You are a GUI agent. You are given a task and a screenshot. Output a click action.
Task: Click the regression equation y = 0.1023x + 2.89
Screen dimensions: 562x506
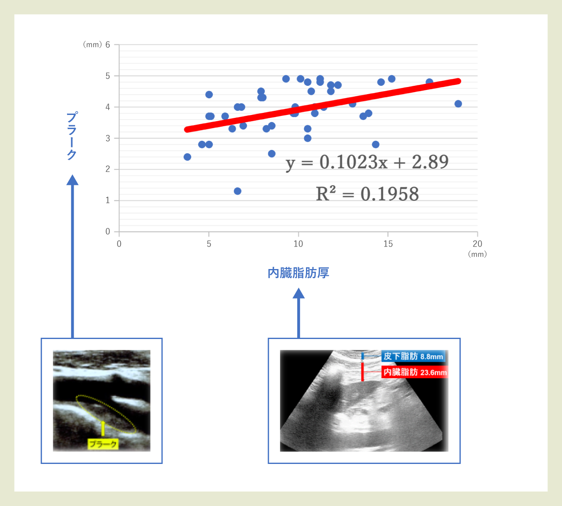tap(367, 162)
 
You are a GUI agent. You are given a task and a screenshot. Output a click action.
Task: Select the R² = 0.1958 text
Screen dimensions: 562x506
tap(367, 194)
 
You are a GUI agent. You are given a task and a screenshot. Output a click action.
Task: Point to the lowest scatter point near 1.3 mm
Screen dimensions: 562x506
tap(238, 191)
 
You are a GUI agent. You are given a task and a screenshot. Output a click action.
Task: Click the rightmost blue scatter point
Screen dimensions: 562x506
tap(458, 104)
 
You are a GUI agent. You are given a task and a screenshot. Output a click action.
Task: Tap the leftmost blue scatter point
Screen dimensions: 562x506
tap(187, 157)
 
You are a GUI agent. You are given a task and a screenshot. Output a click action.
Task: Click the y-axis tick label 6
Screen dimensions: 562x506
tap(107, 45)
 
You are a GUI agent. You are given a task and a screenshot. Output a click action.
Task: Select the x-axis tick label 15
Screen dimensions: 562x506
tap(388, 244)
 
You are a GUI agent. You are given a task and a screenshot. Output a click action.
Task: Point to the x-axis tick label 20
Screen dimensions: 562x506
tap(477, 244)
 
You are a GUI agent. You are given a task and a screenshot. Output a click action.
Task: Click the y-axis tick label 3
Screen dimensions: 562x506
tap(107, 138)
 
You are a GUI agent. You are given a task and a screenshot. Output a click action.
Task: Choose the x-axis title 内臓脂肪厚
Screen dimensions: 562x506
tap(298, 273)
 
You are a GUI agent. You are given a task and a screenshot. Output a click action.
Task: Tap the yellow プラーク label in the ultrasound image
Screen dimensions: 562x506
tap(103, 444)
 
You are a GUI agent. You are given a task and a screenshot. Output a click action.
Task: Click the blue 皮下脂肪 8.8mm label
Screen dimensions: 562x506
tap(413, 356)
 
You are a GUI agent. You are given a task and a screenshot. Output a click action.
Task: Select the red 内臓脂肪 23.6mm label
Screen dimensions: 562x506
tap(415, 372)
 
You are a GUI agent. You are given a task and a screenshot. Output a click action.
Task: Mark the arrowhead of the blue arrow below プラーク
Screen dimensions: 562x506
tap(72, 180)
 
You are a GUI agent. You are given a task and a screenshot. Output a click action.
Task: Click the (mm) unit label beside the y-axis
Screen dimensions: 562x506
tap(92, 45)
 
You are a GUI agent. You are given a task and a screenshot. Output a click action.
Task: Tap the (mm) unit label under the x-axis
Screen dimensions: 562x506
tap(477, 254)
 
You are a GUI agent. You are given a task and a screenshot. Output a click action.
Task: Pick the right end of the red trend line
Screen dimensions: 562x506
tap(458, 81)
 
